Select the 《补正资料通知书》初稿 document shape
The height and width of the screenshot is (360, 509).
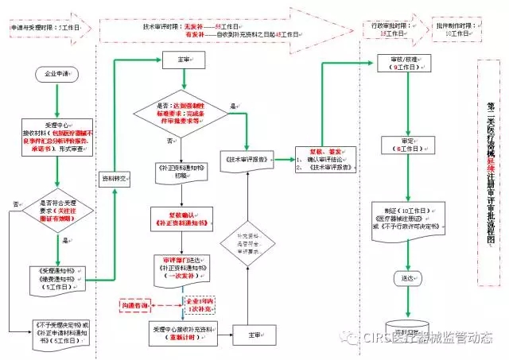(184, 172)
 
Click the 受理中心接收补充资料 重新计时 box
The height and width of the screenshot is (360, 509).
(182, 333)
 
